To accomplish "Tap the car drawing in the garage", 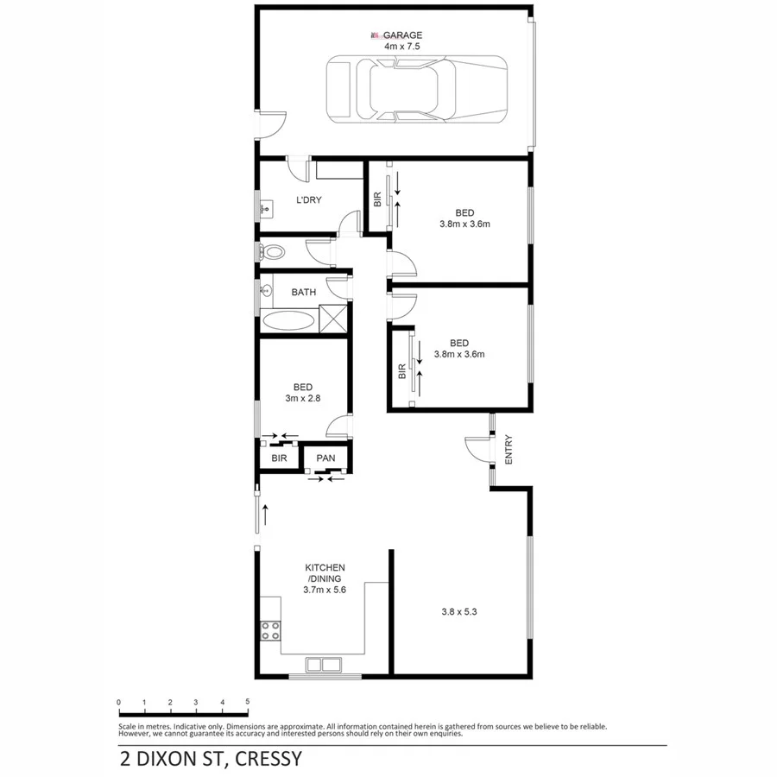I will pos(416,88).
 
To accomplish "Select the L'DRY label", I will pos(308,200).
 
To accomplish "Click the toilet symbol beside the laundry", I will pos(272,252).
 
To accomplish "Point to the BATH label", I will pos(303,292).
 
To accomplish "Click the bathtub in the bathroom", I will pos(288,321).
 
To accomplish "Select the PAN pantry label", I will pos(325,458).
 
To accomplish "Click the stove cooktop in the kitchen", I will pos(269,630).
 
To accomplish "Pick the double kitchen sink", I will pos(320,665).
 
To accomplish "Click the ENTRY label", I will pos(509,450).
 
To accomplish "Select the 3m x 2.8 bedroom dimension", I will pos(302,398).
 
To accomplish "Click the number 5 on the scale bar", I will pos(248,702).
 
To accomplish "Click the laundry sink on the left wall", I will pos(266,207).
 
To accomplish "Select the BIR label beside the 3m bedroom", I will pos(279,458).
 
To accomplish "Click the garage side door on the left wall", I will pos(269,123).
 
